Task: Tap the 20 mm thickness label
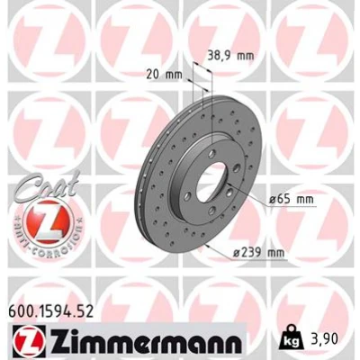(165, 74)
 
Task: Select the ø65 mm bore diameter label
(291, 199)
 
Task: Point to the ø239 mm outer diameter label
(258, 253)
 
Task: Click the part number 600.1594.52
(51, 311)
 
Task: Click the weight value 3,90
(324, 338)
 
